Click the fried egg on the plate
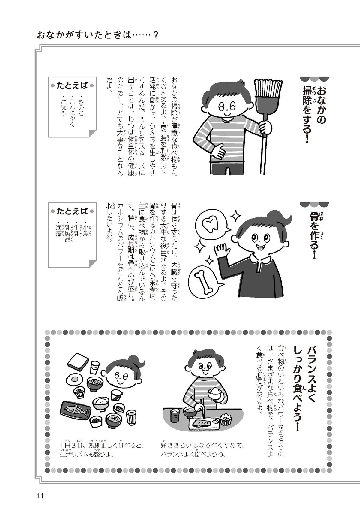[x=74, y=379]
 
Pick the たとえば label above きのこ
[x=72, y=85]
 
